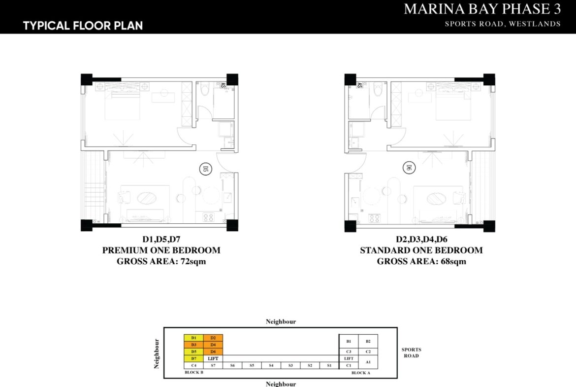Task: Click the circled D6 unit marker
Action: click(408, 168)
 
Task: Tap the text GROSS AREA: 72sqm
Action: click(161, 261)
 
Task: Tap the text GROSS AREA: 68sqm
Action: click(421, 261)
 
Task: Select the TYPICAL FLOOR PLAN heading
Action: click(83, 26)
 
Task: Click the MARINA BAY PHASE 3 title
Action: click(482, 9)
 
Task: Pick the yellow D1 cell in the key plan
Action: click(193, 338)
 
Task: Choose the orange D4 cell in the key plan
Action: click(213, 345)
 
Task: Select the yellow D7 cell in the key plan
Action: click(193, 358)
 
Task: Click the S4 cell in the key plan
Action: click(271, 365)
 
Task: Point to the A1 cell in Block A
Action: click(368, 362)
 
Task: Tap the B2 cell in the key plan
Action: click(368, 341)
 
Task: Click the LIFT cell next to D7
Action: click(213, 358)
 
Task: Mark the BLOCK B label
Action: click(194, 373)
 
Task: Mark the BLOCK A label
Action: click(360, 373)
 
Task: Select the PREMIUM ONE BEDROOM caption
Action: click(161, 250)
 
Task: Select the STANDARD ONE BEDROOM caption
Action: click(421, 250)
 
